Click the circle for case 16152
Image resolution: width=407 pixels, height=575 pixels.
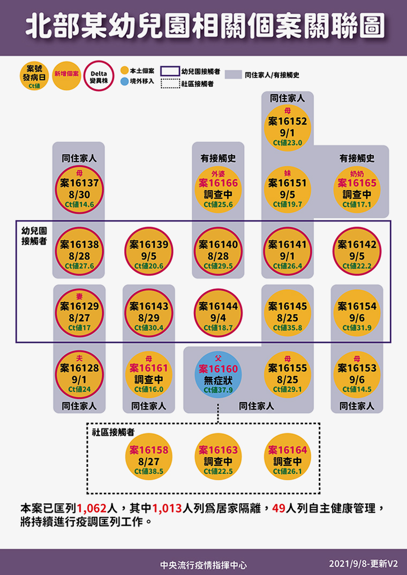(x=288, y=128)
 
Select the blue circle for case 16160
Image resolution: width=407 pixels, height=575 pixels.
(x=218, y=375)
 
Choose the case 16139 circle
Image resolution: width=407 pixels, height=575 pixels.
(x=148, y=252)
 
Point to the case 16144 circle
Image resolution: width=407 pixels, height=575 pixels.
(x=218, y=313)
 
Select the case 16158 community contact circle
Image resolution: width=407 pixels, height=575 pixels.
(x=148, y=457)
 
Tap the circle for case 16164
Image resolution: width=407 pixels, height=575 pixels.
(x=288, y=457)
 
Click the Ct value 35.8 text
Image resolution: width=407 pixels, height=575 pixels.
(x=288, y=328)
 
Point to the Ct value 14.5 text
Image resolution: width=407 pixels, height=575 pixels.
(x=357, y=389)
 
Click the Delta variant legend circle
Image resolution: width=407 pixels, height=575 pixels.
(x=99, y=76)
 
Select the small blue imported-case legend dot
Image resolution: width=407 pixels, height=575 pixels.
(x=125, y=81)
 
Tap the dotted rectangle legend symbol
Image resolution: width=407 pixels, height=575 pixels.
(x=170, y=84)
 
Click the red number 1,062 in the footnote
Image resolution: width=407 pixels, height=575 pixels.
(x=91, y=508)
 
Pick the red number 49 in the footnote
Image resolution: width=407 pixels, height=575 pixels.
(x=279, y=508)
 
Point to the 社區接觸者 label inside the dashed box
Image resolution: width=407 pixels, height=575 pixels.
(x=114, y=433)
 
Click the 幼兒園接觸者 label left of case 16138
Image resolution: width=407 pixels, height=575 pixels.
(x=34, y=236)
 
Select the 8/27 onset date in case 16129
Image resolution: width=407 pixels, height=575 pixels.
(x=79, y=317)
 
